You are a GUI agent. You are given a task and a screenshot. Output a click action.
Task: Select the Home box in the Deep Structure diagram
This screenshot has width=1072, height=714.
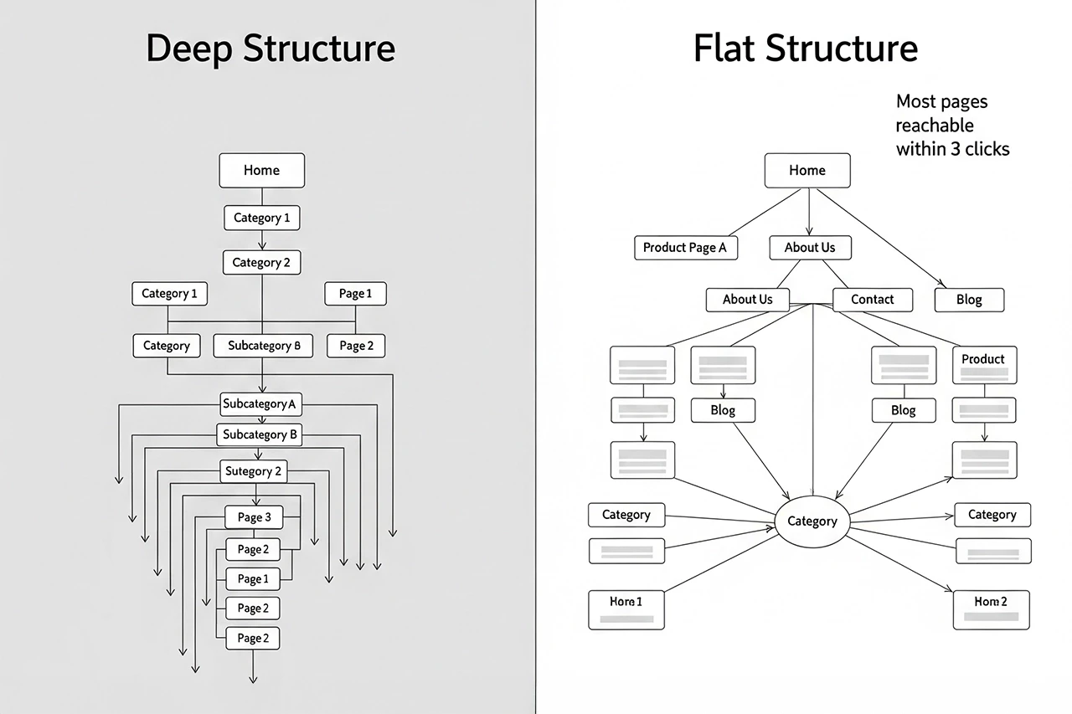[x=261, y=170]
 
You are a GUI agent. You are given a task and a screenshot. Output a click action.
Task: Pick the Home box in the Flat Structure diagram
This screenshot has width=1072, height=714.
[x=807, y=170]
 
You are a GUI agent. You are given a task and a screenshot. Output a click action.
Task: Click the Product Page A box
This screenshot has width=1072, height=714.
[x=684, y=248]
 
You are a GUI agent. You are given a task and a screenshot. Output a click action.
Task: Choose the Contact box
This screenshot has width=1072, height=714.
[x=872, y=299]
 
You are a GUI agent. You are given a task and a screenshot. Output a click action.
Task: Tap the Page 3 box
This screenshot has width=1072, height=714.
[x=254, y=517]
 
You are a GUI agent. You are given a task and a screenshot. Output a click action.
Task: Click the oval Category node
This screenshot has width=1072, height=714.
[x=812, y=521]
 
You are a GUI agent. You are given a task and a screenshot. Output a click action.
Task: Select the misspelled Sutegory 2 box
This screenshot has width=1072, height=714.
[x=254, y=471]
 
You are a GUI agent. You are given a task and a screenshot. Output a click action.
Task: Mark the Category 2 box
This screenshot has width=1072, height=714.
[x=261, y=263]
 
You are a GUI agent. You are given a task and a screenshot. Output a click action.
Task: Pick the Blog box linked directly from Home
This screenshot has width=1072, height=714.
[x=969, y=300]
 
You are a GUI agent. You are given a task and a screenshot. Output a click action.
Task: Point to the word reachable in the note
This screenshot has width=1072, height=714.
[x=935, y=126]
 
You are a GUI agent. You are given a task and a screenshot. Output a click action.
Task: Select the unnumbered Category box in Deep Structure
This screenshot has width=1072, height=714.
[x=167, y=346]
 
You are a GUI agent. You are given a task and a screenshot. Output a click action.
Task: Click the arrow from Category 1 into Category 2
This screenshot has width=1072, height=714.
[x=262, y=242]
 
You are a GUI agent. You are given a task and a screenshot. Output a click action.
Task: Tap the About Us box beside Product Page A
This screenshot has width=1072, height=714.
[x=810, y=248]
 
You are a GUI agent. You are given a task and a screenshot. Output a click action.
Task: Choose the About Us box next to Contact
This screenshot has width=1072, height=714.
[x=747, y=299]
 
